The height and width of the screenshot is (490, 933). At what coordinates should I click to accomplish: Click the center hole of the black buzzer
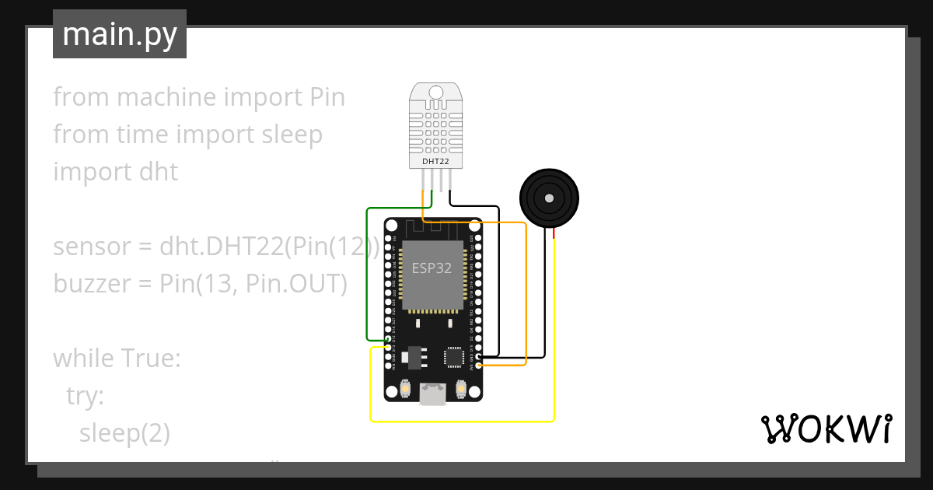[549, 198]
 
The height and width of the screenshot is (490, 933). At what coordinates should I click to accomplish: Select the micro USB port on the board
[432, 395]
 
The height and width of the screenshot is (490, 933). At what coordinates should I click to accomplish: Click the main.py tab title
[120, 34]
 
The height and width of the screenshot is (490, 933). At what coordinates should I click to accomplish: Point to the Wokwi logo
[826, 429]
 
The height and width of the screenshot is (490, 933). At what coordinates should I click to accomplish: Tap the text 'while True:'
[117, 359]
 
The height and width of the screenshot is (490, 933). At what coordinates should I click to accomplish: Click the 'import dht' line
[115, 171]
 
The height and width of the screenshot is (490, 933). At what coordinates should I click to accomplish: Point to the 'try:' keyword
[85, 396]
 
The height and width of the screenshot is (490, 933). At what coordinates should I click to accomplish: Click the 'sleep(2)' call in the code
[124, 432]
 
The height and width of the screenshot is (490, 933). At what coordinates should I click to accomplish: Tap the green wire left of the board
[367, 272]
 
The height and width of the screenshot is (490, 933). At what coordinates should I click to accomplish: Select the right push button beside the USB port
[461, 388]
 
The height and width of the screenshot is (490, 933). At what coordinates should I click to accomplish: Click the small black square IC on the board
[454, 356]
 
